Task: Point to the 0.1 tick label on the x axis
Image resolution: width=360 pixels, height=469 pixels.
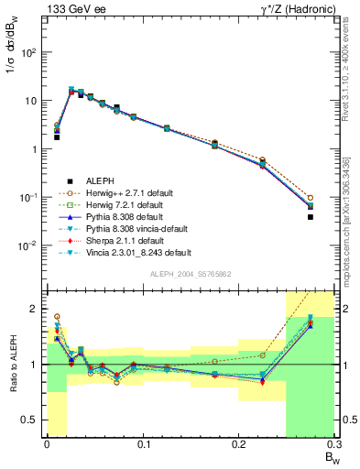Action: click(143, 444)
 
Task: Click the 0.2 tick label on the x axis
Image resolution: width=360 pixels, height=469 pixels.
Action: click(239, 444)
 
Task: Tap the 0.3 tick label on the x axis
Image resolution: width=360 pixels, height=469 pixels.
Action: click(333, 444)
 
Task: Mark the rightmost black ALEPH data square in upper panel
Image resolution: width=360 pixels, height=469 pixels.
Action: click(310, 217)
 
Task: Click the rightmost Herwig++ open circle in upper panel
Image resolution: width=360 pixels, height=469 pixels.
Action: click(310, 198)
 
